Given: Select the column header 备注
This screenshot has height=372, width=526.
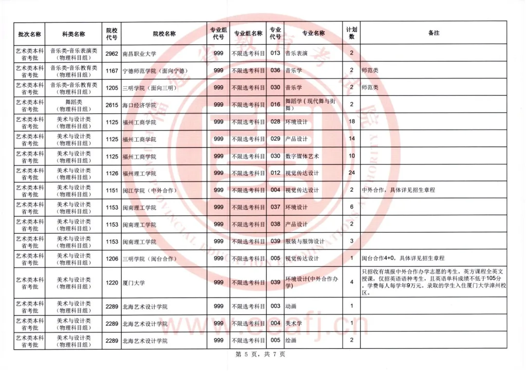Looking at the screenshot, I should [433, 33].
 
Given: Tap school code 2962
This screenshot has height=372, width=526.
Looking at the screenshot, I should [112, 53].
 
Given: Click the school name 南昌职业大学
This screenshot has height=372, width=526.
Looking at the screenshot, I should [139, 54].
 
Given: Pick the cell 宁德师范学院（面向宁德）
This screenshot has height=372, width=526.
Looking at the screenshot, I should [155, 71].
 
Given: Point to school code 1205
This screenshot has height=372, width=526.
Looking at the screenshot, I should [112, 88].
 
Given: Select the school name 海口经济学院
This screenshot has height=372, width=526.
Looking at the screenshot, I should [139, 105].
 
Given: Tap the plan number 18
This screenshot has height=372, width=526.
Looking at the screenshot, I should [352, 122].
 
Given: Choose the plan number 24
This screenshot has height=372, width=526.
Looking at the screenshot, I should [352, 173].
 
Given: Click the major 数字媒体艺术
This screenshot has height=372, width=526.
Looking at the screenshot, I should [302, 156].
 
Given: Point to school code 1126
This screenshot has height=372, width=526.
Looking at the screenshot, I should [112, 173].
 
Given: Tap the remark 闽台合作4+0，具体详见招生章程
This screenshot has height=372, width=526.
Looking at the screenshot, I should [403, 259].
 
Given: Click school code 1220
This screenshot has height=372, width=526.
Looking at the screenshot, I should [112, 282].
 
